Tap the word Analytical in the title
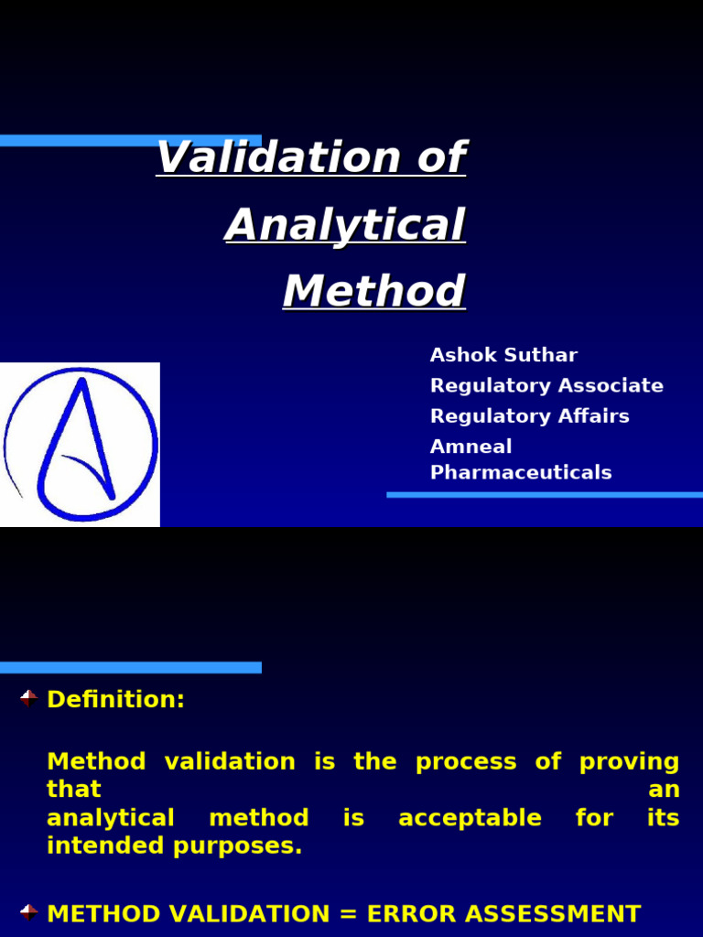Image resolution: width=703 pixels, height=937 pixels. [x=345, y=225]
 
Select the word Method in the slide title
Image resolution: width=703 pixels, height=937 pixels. [x=373, y=292]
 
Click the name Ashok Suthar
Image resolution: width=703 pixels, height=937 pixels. [x=503, y=355]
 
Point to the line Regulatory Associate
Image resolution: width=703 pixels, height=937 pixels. [x=546, y=385]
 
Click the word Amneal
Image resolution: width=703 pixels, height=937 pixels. [x=470, y=447]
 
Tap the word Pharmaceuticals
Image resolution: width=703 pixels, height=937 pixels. [x=520, y=472]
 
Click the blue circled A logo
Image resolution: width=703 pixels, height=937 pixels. [x=81, y=444]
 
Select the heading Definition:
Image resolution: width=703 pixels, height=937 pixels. [x=115, y=700]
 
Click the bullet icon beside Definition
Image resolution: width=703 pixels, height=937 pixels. [x=28, y=699]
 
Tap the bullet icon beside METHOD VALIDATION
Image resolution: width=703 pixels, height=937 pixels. [x=28, y=912]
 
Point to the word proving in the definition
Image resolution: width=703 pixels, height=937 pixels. [x=629, y=761]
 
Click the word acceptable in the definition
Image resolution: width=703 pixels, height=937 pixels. [x=470, y=818]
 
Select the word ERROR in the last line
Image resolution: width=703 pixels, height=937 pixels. [x=410, y=914]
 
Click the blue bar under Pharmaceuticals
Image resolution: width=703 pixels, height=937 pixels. [x=544, y=494]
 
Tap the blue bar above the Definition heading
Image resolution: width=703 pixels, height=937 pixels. [x=130, y=667]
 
